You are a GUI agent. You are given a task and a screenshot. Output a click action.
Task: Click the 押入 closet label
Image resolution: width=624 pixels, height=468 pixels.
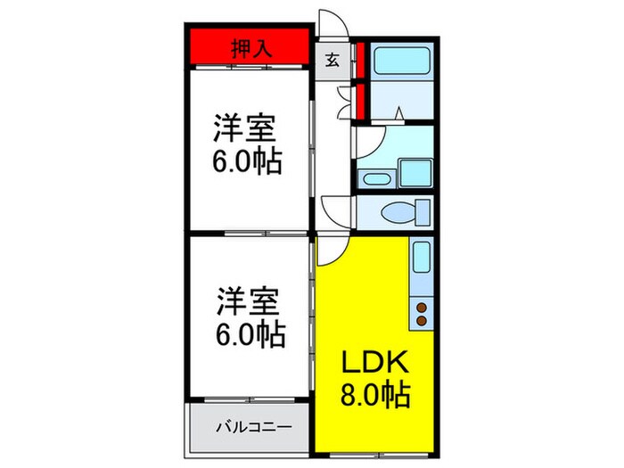point(250,48)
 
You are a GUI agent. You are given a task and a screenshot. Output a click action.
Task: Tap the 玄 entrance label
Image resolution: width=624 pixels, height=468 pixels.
point(331,61)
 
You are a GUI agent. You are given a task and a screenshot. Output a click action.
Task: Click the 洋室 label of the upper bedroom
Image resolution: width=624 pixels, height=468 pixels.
point(242,128)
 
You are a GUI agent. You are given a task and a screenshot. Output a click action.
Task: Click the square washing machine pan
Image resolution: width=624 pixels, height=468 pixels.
point(415,173)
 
